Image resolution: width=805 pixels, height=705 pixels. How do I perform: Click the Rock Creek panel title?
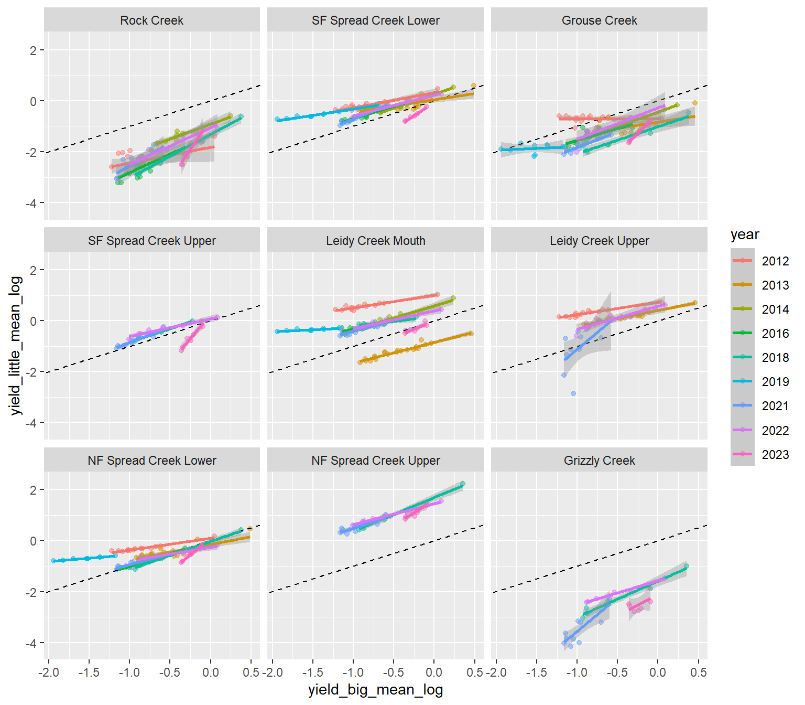pos(151,20)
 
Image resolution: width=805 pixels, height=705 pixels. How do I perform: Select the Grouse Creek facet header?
pos(599,20)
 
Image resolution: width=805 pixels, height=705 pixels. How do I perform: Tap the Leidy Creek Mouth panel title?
pos(375,241)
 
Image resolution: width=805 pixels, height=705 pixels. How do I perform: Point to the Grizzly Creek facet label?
pos(599,461)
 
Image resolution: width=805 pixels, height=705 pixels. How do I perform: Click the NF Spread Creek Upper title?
pos(375,461)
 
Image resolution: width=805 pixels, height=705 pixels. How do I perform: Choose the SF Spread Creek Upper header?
pos(151,241)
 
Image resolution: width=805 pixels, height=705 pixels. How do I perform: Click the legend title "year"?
pos(745,234)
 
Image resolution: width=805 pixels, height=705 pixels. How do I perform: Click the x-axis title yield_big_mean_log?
pos(375,690)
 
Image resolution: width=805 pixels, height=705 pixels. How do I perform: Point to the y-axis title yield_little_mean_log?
pos(16,346)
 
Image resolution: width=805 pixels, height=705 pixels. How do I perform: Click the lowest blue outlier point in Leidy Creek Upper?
pos(573,393)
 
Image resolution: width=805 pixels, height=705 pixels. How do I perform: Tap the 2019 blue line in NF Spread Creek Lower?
pos(84,559)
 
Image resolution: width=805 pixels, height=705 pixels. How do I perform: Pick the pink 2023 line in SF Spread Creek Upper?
pos(192,338)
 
